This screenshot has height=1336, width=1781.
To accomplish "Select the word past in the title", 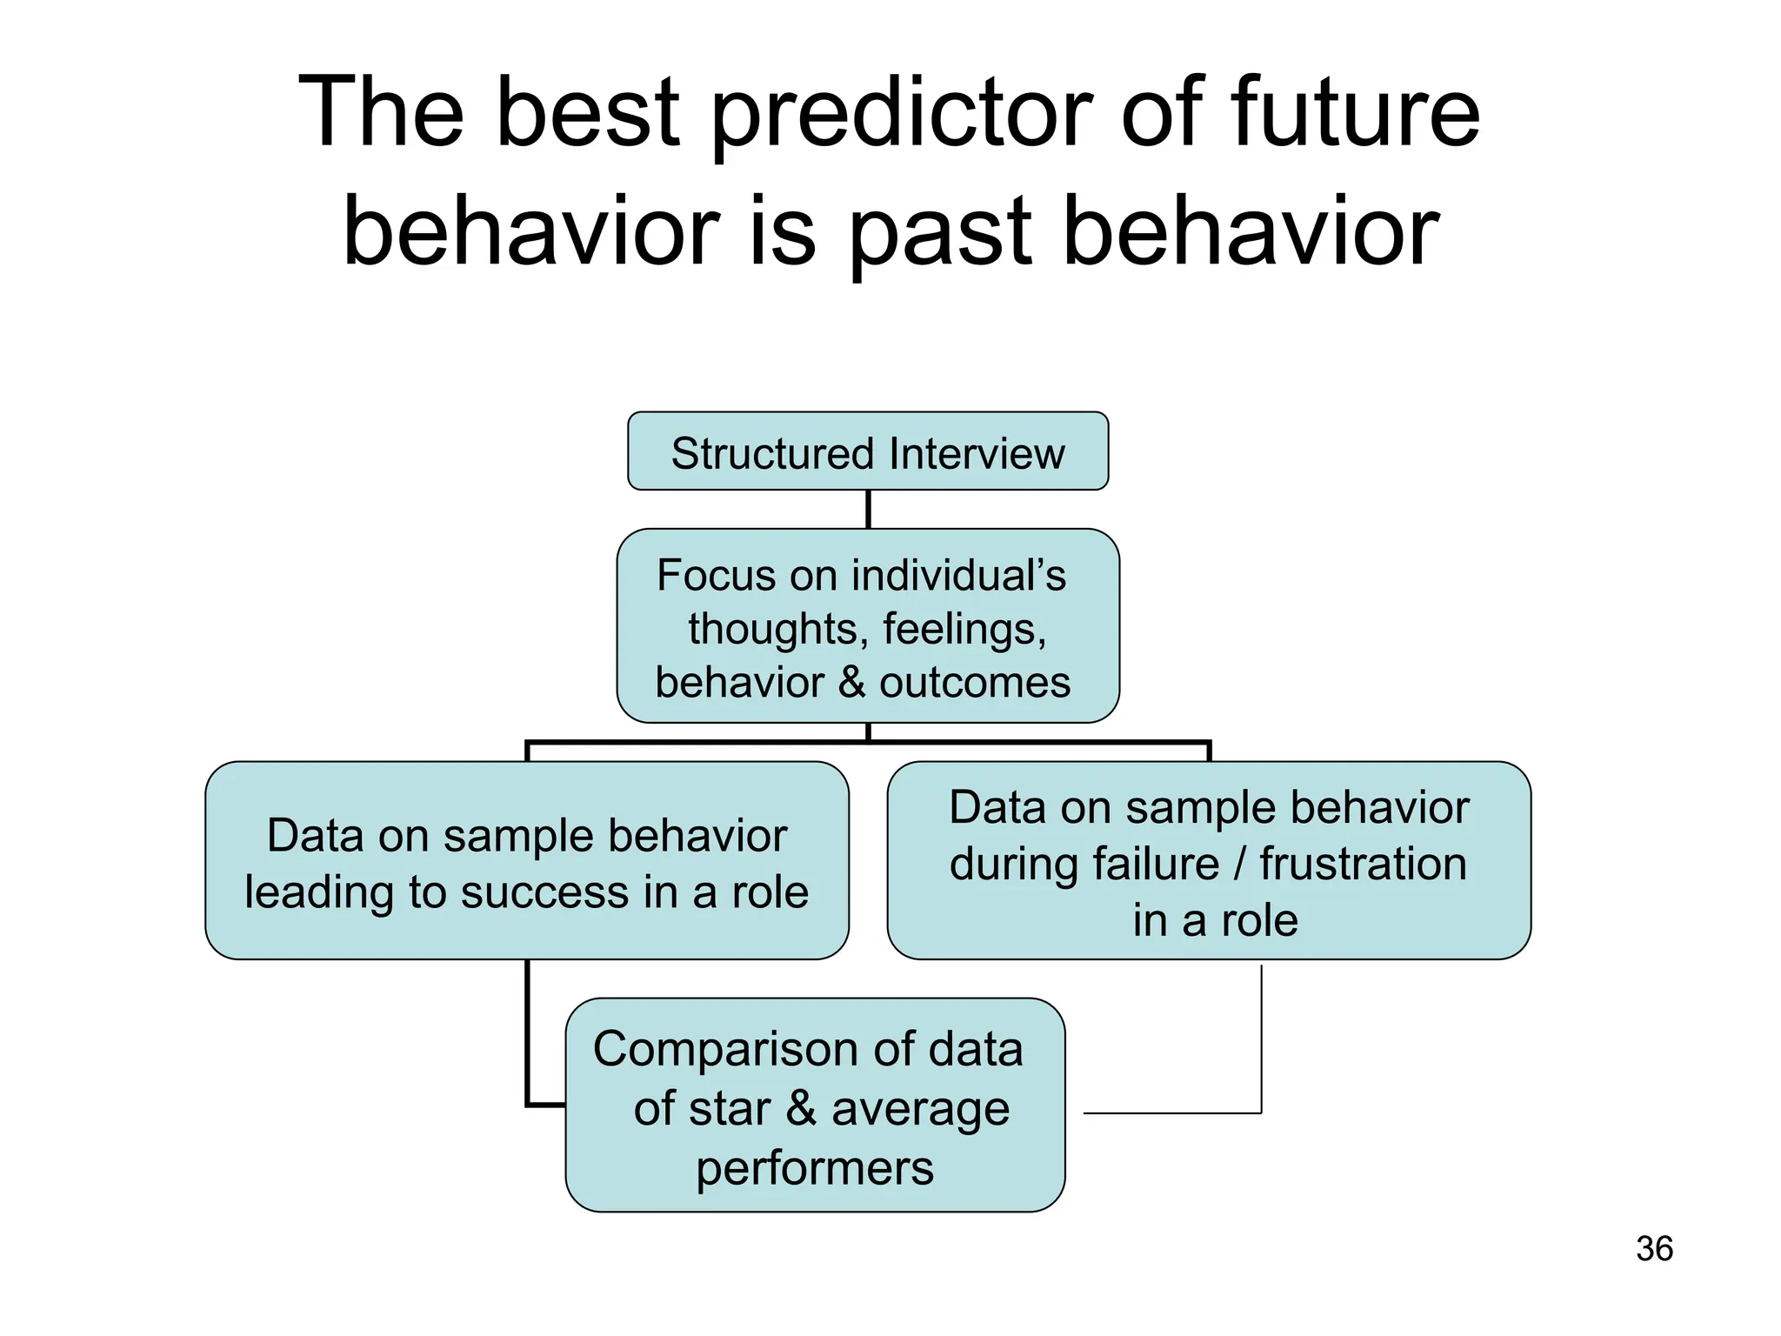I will (939, 231).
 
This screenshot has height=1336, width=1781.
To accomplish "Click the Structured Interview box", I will (868, 452).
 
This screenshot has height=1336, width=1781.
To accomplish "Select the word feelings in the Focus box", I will (964, 629).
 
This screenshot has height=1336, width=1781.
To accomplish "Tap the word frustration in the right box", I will (1363, 864).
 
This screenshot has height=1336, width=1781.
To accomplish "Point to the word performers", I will (815, 1167).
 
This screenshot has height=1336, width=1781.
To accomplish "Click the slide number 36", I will (1654, 1248).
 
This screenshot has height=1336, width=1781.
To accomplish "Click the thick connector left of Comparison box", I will (528, 1044).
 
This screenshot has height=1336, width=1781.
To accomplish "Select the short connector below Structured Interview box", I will (868, 509).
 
